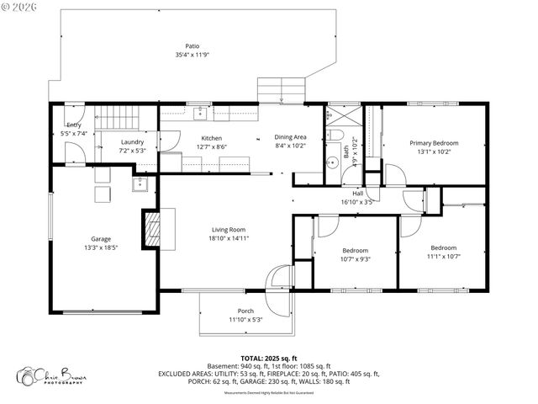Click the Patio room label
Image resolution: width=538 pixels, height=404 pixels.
click(192, 46)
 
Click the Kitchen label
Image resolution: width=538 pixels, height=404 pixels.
click(211, 138)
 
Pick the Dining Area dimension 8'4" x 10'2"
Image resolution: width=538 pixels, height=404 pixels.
click(291, 146)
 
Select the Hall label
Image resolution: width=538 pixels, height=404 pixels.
click(357, 194)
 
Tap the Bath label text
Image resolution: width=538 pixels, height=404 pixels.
click(345, 151)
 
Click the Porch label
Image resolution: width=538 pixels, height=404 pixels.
click(246, 311)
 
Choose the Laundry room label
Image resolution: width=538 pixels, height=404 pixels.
click(133, 141)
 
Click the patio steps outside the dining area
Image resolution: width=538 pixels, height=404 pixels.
click(280, 89)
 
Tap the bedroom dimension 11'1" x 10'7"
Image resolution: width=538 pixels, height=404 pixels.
click(444, 257)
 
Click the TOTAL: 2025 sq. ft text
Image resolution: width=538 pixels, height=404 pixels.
click(269, 358)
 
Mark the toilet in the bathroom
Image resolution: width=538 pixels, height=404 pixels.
click(335, 135)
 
